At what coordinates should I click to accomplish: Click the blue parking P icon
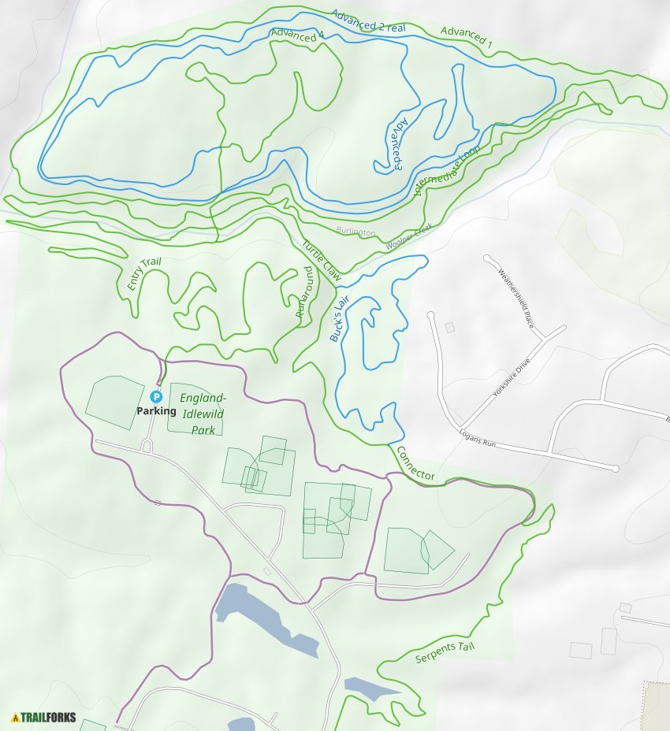tap(156, 396)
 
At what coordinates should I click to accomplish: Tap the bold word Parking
tap(156, 410)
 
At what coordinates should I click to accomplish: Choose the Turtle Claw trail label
tap(321, 261)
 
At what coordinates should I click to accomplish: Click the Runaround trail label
tap(303, 292)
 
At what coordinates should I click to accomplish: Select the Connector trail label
tap(415, 464)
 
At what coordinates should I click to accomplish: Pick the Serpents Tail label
tap(445, 651)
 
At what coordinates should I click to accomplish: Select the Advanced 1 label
tap(466, 37)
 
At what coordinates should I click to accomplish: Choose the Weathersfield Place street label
tap(516, 300)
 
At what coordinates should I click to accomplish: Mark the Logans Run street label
tap(476, 439)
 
